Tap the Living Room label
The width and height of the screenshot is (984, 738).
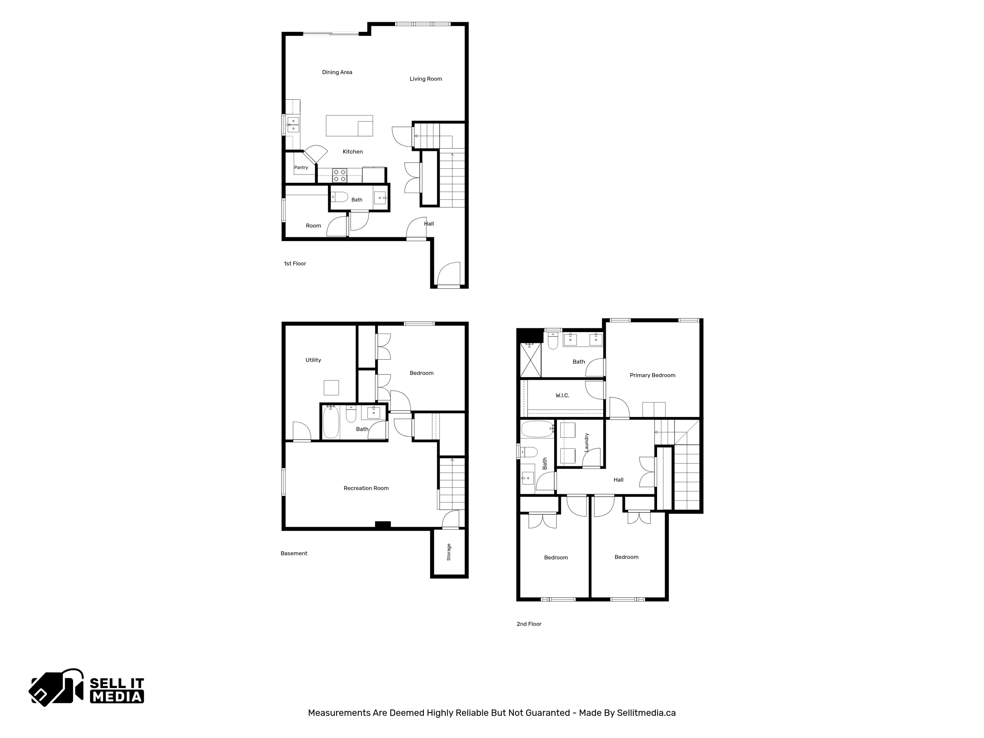(x=426, y=79)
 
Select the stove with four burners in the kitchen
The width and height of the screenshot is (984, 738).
(x=340, y=175)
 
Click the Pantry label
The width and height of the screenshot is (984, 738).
(x=301, y=167)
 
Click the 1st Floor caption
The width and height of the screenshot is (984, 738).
(x=295, y=263)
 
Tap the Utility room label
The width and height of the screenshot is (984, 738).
(x=313, y=360)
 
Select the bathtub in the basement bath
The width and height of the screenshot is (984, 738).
(x=331, y=422)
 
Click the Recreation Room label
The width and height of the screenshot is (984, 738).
(x=366, y=488)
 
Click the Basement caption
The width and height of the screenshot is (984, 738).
(x=294, y=553)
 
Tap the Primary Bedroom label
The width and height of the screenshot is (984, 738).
(x=653, y=375)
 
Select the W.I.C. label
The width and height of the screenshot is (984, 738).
(x=562, y=395)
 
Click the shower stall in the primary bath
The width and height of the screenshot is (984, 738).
(x=531, y=360)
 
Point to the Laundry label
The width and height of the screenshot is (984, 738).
(x=586, y=443)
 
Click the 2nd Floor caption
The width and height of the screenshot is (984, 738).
(x=529, y=624)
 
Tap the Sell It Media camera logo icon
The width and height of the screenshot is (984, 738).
(x=56, y=687)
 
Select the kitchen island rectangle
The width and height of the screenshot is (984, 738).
(x=349, y=126)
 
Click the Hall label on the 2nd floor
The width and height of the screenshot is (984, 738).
(x=618, y=479)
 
